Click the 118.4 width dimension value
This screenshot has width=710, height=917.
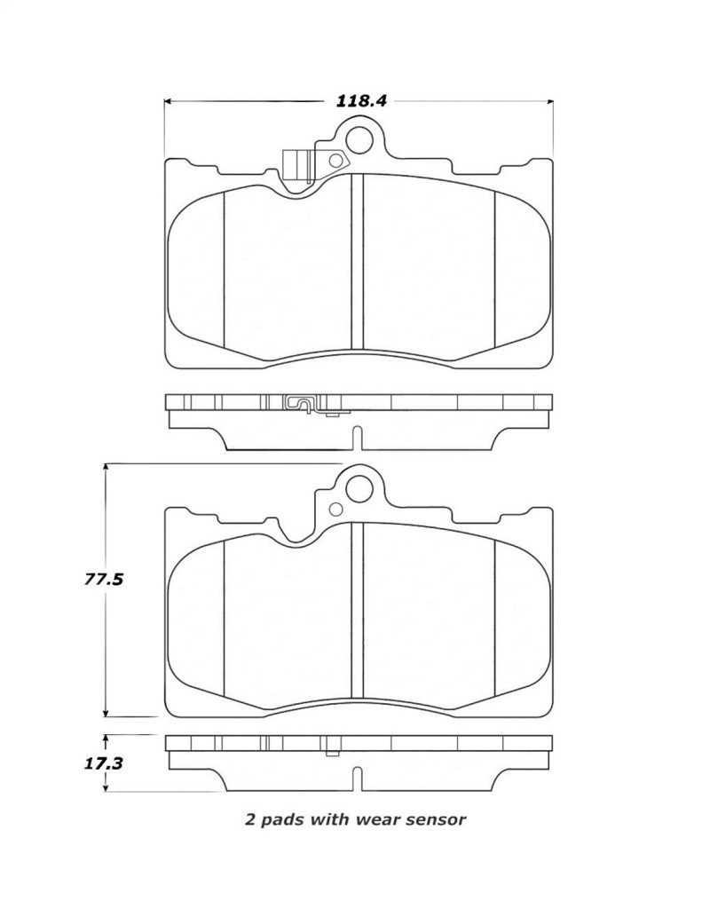(x=361, y=100)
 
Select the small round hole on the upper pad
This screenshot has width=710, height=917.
(x=335, y=161)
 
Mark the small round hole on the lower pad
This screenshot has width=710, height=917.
(x=335, y=509)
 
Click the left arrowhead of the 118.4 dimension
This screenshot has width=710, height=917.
(x=169, y=101)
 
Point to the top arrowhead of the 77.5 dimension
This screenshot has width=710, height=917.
(x=106, y=467)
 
